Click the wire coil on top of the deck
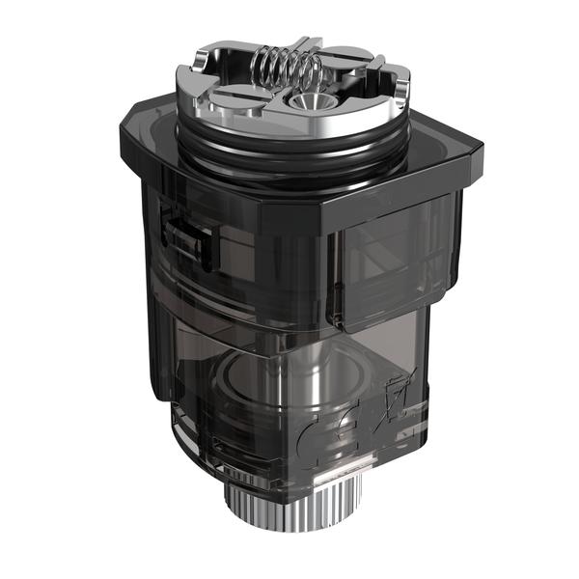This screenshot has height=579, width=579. [x=286, y=69]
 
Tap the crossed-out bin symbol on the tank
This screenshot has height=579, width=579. [x=394, y=403]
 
